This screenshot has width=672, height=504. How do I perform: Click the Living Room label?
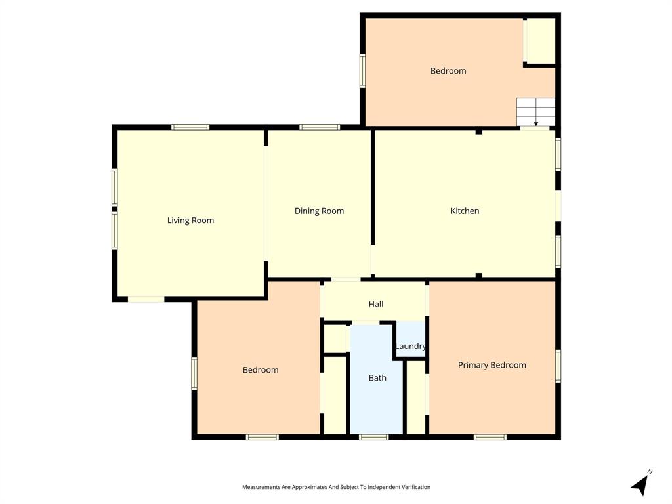click(190, 220)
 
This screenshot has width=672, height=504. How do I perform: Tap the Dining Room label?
click(319, 211)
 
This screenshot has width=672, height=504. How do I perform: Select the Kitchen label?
click(465, 211)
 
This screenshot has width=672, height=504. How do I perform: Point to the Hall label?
click(376, 304)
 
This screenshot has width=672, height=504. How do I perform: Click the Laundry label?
click(411, 346)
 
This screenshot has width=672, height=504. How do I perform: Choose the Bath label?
click(377, 377)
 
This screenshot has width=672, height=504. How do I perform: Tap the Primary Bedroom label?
click(492, 365)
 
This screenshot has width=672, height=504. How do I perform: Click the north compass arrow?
click(641, 484)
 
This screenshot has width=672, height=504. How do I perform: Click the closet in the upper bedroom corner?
click(541, 41)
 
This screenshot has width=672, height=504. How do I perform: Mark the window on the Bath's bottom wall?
click(374, 436)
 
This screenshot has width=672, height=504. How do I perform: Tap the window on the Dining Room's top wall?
click(320, 127)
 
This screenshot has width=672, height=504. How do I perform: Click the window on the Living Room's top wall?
click(190, 127)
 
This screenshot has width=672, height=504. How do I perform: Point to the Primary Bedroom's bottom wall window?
click(490, 436)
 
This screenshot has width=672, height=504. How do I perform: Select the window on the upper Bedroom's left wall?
click(362, 71)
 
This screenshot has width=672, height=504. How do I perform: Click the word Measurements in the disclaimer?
click(261, 487)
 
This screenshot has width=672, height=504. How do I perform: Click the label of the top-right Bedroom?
click(448, 71)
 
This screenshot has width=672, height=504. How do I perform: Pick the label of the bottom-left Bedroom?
click(261, 370)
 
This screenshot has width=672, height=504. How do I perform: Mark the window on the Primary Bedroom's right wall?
click(558, 366)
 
